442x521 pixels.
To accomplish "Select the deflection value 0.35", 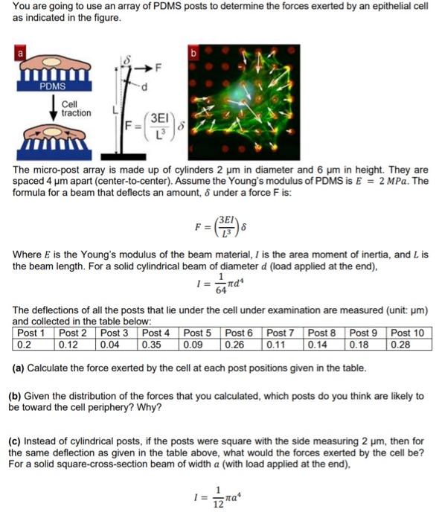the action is [152, 345].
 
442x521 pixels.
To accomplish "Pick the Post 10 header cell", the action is [407, 333].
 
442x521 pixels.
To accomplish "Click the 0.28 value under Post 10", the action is [401, 345].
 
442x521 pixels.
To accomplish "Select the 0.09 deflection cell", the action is [193, 345].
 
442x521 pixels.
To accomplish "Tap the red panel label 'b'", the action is [195, 54].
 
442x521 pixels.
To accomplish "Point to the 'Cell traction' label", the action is [76, 109].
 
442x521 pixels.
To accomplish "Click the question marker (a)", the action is [19, 368].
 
